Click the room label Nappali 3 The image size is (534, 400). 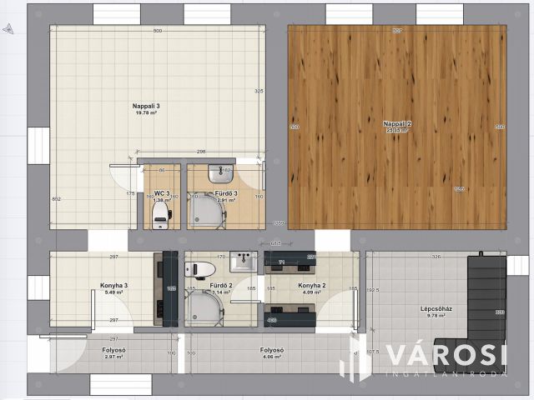pyautogui.click(x=146, y=106)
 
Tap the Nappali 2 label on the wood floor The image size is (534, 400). pyautogui.click(x=397, y=123)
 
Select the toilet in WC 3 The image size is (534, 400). pyautogui.click(x=161, y=217)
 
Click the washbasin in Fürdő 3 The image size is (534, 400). pyautogui.click(x=222, y=174)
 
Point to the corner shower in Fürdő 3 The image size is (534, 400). pyautogui.click(x=207, y=212)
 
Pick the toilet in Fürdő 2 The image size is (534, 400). pyautogui.click(x=193, y=268)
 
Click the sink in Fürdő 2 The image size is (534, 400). pyautogui.click(x=244, y=261)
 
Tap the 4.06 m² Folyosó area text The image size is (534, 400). pyautogui.click(x=272, y=357)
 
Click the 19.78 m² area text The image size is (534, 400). pyautogui.click(x=146, y=114)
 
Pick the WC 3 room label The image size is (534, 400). pyautogui.click(x=162, y=193)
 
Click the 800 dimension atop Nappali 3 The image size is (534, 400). pyautogui.click(x=157, y=31)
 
